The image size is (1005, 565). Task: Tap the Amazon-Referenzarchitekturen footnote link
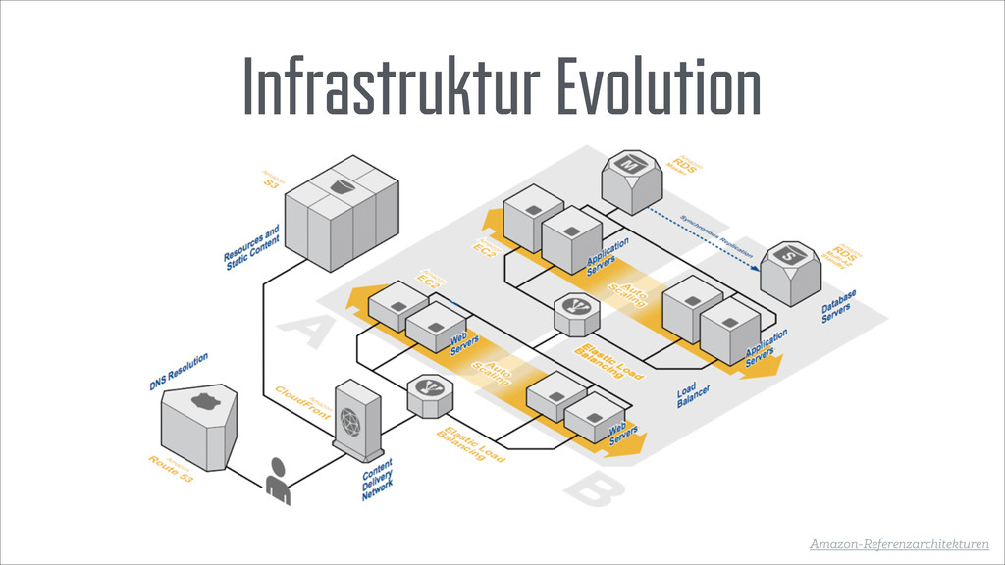899,542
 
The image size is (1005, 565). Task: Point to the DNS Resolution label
179,374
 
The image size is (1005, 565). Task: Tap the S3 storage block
341,209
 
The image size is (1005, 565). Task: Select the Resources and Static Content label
253,247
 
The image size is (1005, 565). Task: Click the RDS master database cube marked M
633,179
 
